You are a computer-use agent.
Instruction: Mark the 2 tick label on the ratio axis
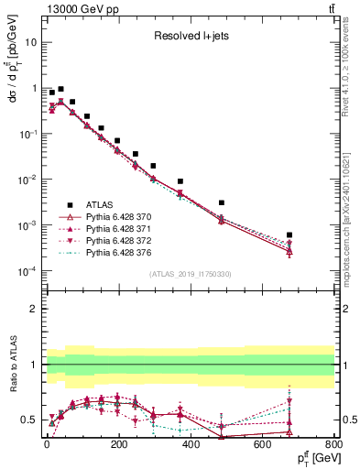[32, 309]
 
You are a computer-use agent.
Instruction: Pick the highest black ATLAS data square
[60, 90]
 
